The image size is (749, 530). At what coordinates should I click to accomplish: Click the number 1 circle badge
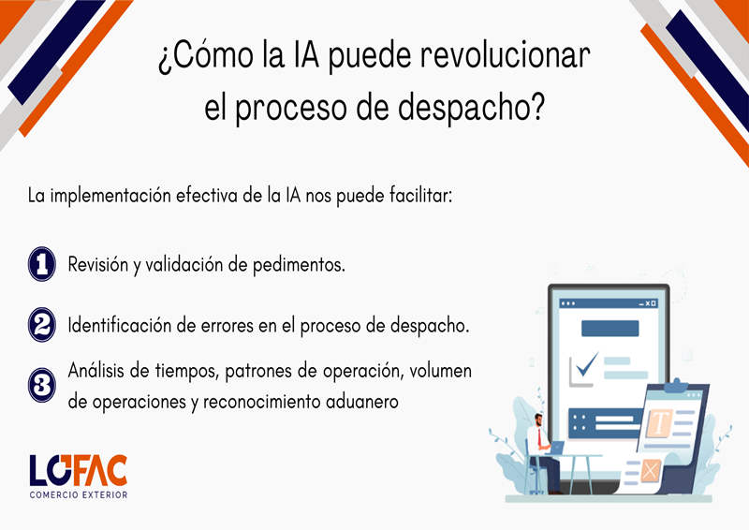[42, 264]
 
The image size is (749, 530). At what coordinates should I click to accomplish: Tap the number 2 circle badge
[42, 325]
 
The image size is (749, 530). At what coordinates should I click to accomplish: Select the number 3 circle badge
[42, 385]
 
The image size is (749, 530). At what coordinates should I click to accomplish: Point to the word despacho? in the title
[472, 107]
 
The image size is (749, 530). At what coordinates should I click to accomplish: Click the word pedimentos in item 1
[299, 265]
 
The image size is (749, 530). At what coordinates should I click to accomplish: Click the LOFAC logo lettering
[79, 470]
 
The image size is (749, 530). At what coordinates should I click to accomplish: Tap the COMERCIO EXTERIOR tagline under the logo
[79, 495]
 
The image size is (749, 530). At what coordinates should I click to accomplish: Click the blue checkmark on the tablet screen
[587, 364]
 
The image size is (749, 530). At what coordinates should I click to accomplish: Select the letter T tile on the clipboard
[660, 422]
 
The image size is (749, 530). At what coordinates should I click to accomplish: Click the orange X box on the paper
[650, 471]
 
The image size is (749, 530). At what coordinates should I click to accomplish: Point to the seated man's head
[538, 420]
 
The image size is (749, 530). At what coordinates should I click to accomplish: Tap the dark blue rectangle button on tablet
[610, 329]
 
